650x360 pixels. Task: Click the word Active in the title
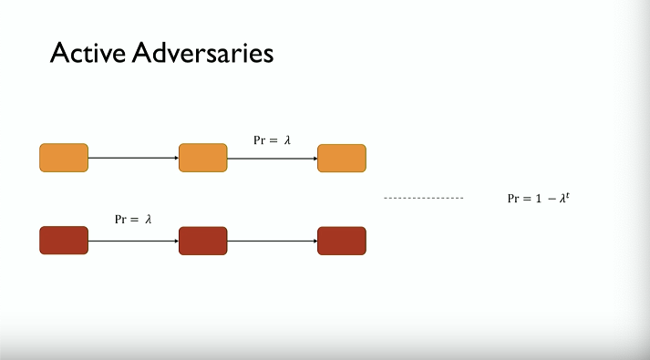88,53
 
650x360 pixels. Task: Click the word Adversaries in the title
203,53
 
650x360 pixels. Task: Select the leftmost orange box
64,158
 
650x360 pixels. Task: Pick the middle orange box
203,158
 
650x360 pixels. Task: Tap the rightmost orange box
342,159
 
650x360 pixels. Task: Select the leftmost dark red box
64,241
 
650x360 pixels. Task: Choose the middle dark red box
203,241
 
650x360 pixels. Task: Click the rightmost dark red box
342,241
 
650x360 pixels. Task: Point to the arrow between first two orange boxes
133,158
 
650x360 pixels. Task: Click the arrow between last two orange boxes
273,159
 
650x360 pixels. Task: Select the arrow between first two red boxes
133,241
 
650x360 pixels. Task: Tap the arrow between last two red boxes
273,241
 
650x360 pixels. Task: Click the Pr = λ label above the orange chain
273,140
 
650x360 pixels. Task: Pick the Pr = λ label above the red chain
133,219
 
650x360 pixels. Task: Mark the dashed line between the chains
424,198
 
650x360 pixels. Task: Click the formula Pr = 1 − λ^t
539,198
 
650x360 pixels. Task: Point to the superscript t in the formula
568,195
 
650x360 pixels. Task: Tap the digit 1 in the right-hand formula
539,199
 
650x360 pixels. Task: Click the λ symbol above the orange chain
287,140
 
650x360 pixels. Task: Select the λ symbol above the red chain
148,219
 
